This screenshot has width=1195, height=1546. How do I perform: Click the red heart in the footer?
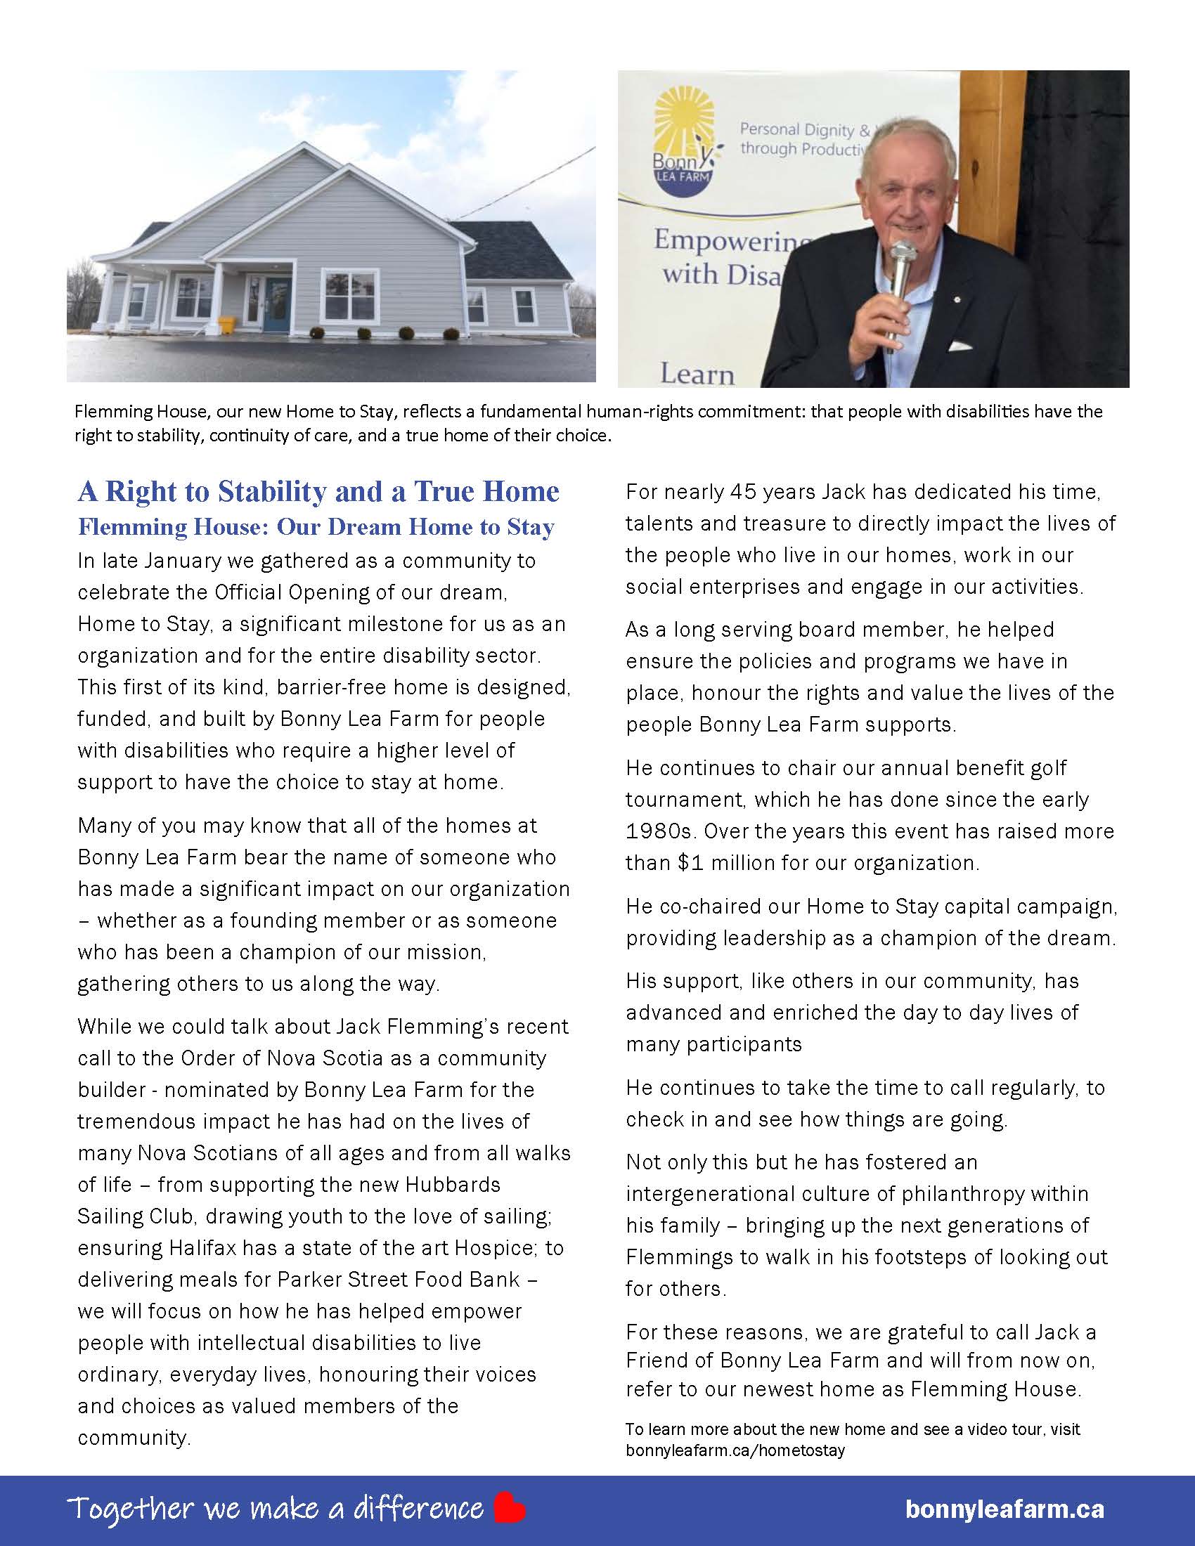(509, 1508)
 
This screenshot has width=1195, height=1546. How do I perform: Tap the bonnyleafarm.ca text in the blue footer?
(1004, 1509)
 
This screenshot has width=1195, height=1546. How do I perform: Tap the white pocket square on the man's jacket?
(960, 346)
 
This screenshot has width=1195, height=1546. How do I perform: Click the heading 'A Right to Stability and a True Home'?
(318, 492)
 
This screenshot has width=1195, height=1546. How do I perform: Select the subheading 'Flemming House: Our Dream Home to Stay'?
(316, 527)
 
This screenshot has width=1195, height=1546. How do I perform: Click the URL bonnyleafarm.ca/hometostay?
(735, 1450)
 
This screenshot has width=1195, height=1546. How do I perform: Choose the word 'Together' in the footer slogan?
(130, 1509)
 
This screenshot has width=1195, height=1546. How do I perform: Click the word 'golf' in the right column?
(1043, 768)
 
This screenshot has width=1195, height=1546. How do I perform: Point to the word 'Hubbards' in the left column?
(453, 1185)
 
